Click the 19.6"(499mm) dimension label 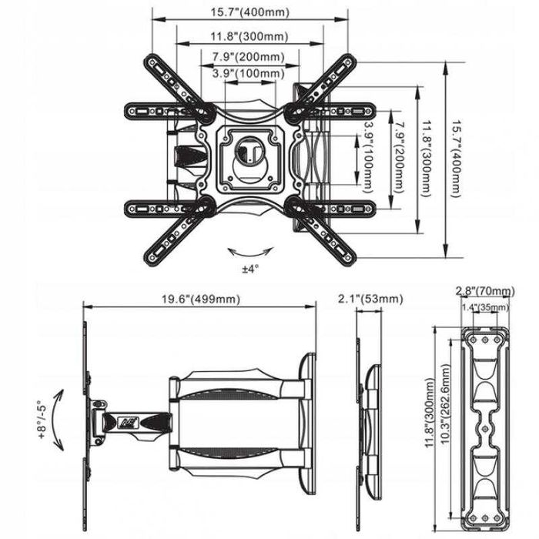(x=201, y=299)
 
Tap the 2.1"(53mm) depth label (x=370, y=299)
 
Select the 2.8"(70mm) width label (x=485, y=291)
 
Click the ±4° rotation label (x=250, y=269)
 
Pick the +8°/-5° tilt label (x=42, y=420)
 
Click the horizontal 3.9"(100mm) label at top (x=249, y=73)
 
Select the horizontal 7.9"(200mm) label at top (x=249, y=57)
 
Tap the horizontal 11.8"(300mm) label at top (x=249, y=36)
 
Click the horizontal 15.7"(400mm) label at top (x=250, y=12)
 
